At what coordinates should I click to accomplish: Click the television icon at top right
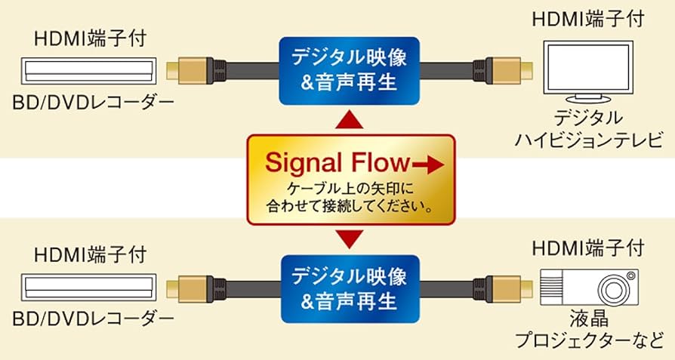click(590, 71)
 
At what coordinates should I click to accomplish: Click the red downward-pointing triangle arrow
click(348, 239)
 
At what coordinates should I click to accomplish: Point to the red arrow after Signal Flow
click(429, 162)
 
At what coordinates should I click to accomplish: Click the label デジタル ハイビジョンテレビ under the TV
click(590, 128)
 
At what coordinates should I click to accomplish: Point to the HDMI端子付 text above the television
click(590, 18)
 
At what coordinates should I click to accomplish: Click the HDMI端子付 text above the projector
click(590, 247)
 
